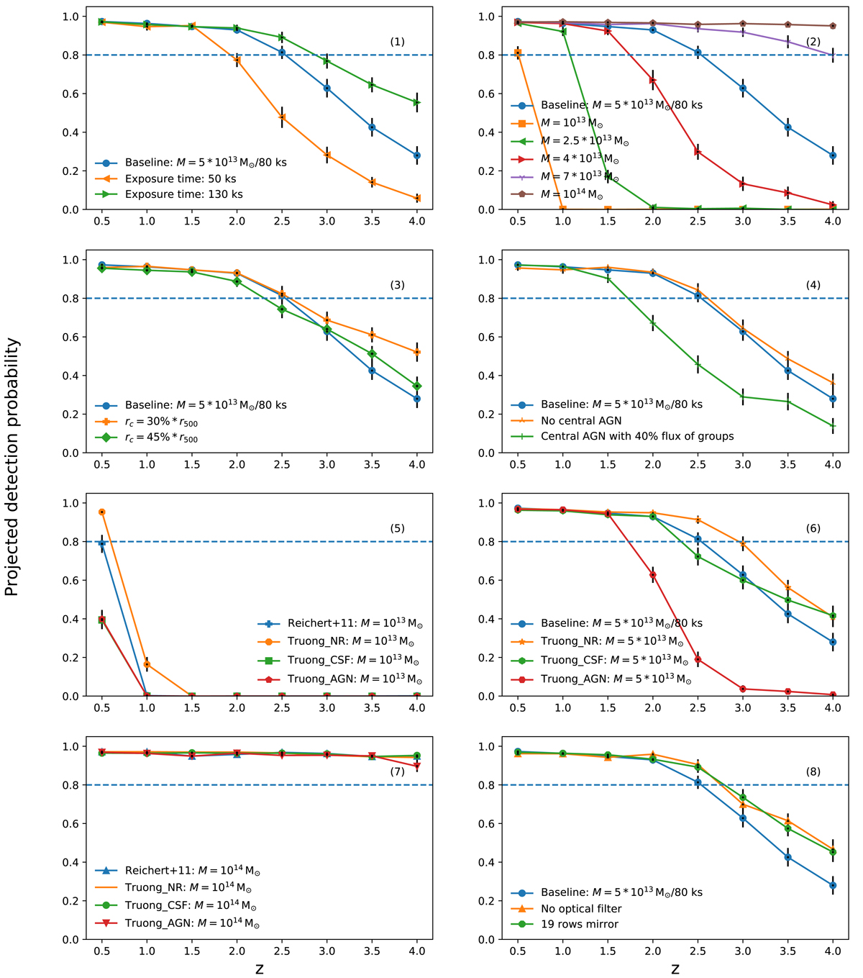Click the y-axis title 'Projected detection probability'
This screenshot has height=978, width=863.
[x=12, y=468]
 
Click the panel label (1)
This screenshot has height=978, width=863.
[x=398, y=42]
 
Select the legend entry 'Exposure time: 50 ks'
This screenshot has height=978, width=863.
[x=181, y=178]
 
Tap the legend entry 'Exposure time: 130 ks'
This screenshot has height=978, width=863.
[x=183, y=194]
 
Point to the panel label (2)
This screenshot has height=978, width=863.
[x=813, y=42]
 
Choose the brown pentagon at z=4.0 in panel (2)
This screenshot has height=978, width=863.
[x=833, y=26]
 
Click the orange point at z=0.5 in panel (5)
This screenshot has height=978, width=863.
[x=102, y=512]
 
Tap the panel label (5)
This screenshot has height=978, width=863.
[x=398, y=528]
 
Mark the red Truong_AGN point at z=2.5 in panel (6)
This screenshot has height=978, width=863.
[x=698, y=659]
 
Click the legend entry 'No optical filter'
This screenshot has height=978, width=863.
[x=581, y=908]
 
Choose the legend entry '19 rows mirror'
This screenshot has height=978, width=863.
[x=579, y=924]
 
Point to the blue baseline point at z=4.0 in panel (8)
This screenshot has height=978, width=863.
[x=833, y=885]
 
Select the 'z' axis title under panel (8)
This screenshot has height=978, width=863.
[x=675, y=969]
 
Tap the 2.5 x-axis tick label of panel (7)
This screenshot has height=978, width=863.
[x=282, y=951]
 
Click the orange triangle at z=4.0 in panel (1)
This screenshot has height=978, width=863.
[x=417, y=198]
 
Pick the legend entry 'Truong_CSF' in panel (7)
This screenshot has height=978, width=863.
[x=191, y=906]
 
